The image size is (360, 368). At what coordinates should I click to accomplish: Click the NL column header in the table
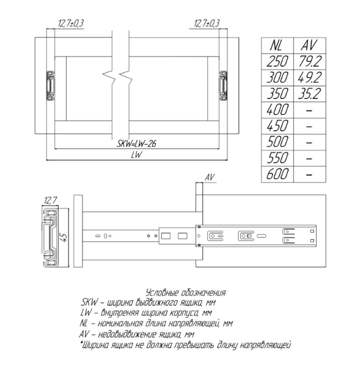pyautogui.click(x=277, y=46)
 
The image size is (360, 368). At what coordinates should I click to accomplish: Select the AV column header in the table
pyautogui.click(x=309, y=46)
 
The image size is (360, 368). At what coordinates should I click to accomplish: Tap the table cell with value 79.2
pyautogui.click(x=309, y=62)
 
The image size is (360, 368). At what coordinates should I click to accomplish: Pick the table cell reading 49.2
pyautogui.click(x=309, y=78)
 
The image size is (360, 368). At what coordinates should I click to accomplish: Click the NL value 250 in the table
pyautogui.click(x=277, y=62)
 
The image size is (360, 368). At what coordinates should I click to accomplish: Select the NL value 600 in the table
pyautogui.click(x=277, y=175)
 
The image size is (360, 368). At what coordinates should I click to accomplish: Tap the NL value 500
pyautogui.click(x=277, y=142)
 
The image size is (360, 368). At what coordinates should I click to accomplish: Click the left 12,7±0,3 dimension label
pyautogui.click(x=71, y=24)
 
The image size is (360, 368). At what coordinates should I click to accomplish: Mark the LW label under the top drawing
pyautogui.click(x=136, y=155)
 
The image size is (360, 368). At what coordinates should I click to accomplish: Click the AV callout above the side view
pyautogui.click(x=210, y=178)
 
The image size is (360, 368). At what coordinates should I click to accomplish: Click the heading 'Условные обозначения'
pyautogui.click(x=186, y=292)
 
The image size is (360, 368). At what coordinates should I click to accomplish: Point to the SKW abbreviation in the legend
pyautogui.click(x=87, y=302)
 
